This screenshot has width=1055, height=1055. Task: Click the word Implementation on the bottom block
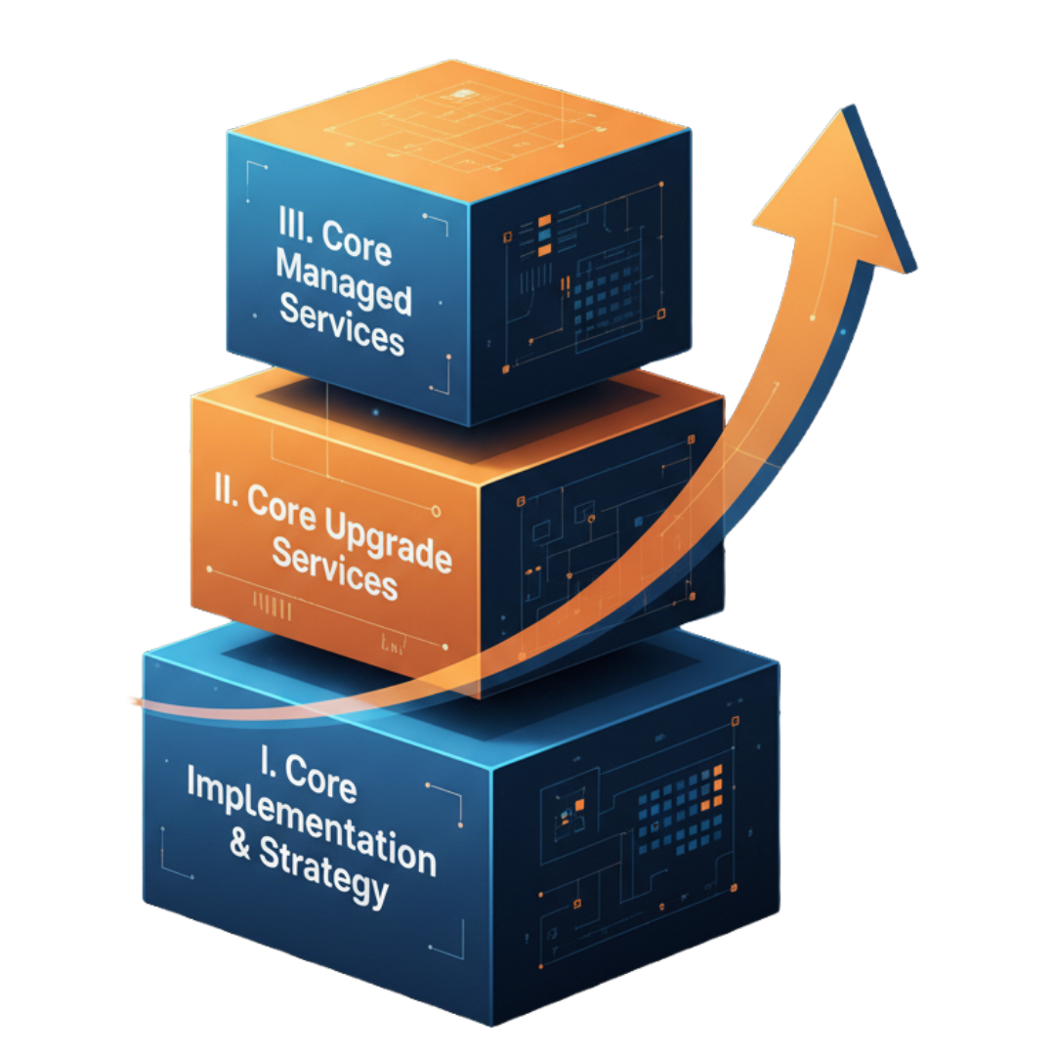pyautogui.click(x=311, y=825)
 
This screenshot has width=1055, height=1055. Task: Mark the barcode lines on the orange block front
pyautogui.click(x=273, y=607)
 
